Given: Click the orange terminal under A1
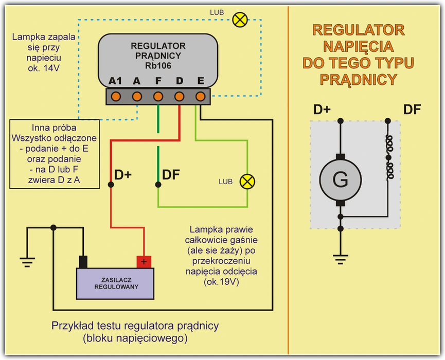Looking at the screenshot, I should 116,96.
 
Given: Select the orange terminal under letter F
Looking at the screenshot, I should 158,96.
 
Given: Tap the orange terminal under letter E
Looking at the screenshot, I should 201,96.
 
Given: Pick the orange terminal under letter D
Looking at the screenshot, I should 180,96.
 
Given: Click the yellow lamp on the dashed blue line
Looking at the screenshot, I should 239,20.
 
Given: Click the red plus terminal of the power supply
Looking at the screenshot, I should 144,262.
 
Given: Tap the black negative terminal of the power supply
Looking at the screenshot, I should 83,262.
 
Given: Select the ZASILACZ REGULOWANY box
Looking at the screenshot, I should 115,283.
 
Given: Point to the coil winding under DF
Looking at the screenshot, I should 389,157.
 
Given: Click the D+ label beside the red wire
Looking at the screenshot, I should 123,175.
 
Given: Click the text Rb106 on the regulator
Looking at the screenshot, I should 158,65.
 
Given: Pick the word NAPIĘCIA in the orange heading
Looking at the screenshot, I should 358,47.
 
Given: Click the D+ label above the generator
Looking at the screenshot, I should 323,110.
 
